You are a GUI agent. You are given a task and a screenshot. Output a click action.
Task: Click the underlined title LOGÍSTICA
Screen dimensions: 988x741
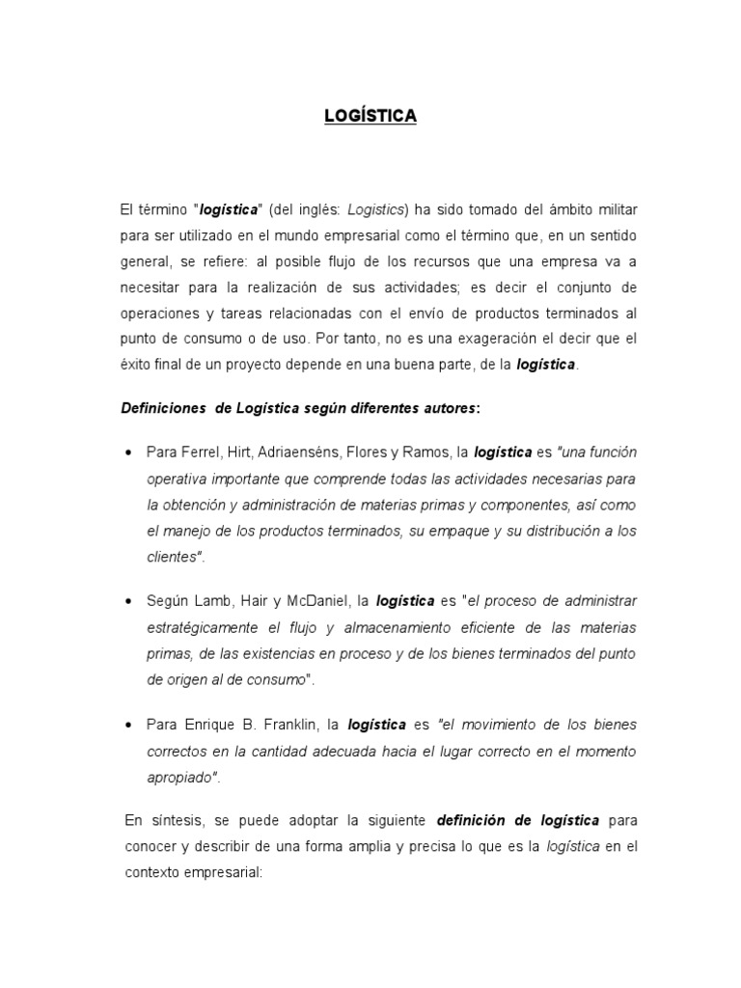click(370, 117)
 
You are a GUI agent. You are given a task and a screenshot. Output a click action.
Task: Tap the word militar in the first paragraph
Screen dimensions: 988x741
click(614, 209)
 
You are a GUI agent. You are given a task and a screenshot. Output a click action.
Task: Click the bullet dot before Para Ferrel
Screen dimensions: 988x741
click(128, 453)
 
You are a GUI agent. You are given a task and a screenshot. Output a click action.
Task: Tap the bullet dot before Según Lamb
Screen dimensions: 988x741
click(128, 601)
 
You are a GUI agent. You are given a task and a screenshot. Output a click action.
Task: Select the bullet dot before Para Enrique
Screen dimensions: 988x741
click(128, 724)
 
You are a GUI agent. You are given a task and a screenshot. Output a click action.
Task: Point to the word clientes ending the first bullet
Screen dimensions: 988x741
click(172, 557)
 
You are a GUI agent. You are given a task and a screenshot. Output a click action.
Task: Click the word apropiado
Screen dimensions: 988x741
click(179, 776)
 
